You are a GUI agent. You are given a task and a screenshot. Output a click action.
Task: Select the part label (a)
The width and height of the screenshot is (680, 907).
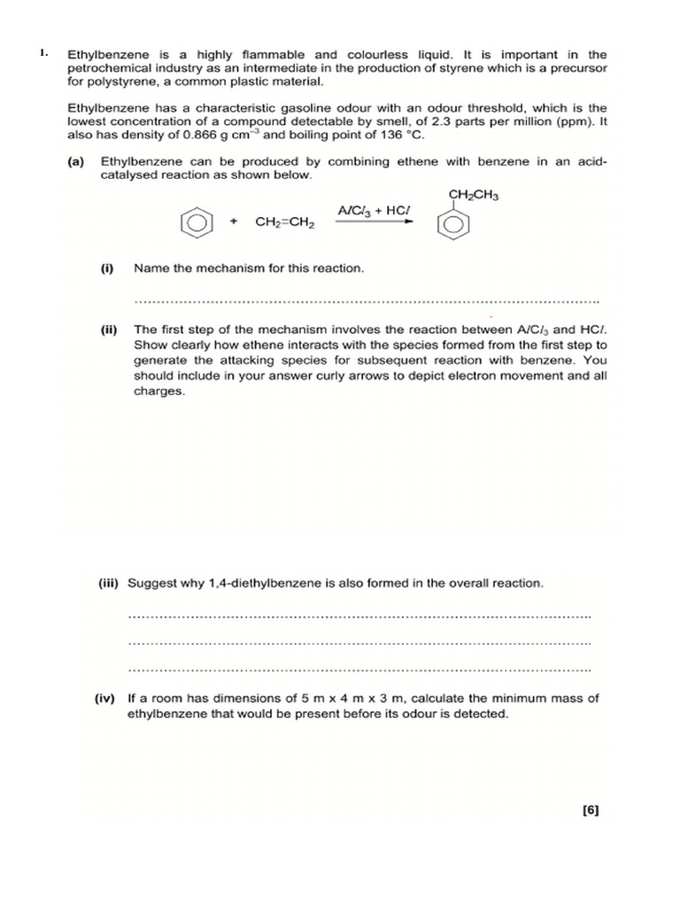tap(76, 162)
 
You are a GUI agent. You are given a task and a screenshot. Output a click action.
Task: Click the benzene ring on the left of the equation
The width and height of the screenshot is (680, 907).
tap(196, 222)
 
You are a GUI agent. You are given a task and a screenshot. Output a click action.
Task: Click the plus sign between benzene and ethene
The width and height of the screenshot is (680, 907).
tap(234, 221)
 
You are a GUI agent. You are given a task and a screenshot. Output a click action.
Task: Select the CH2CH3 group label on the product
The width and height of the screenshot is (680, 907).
tap(474, 195)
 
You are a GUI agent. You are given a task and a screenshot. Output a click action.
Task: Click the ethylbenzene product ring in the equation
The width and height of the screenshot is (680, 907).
tap(452, 226)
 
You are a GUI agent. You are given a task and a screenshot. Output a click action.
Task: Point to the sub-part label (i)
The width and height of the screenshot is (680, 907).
tap(107, 267)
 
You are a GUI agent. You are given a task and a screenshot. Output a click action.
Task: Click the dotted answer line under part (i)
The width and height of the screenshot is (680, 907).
tap(365, 300)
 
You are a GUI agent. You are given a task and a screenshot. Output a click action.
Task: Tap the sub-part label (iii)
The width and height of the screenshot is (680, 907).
tap(110, 584)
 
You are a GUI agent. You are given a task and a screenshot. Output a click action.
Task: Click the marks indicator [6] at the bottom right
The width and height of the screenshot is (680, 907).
tap(591, 810)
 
